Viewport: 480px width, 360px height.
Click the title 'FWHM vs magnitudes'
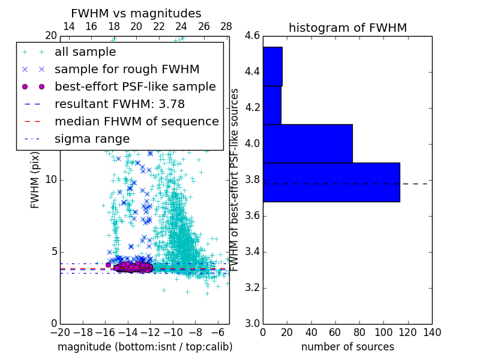click(136, 14)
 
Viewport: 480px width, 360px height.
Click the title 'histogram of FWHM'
click(347, 28)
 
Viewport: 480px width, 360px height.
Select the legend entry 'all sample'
click(85, 52)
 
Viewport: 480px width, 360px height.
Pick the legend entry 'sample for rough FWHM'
click(127, 69)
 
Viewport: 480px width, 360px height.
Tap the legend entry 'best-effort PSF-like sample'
click(135, 86)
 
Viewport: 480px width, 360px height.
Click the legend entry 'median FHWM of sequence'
click(136, 121)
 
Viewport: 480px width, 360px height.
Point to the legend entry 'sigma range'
click(92, 139)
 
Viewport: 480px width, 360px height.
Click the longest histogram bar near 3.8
click(331, 182)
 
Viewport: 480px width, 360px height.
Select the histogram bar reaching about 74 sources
click(307, 143)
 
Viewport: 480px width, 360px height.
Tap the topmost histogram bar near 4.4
click(272, 66)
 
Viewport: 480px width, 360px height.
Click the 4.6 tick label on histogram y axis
click(252, 36)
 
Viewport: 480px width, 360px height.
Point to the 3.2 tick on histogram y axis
click(252, 287)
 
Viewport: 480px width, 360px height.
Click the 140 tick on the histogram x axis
click(432, 332)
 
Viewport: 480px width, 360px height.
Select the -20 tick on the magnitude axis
click(60, 332)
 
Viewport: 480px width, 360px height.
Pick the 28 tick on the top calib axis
click(226, 26)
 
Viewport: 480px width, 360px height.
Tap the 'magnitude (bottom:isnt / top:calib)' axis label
click(145, 347)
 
